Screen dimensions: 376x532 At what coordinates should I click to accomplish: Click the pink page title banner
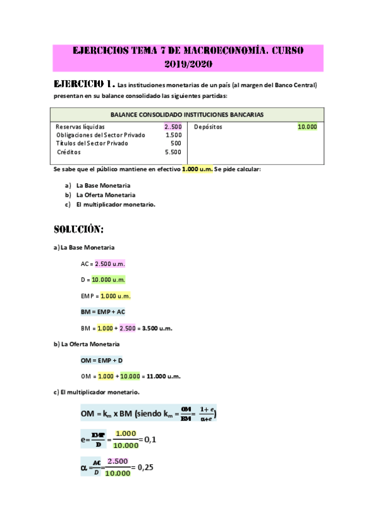pyautogui.click(x=188, y=57)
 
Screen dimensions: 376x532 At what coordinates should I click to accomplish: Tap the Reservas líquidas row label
pyautogui.click(x=80, y=127)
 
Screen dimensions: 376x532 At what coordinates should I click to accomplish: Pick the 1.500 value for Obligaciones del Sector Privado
pyautogui.click(x=173, y=135)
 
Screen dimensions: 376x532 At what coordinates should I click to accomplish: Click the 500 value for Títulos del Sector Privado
pyautogui.click(x=176, y=143)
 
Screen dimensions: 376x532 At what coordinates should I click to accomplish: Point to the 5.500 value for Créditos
pyautogui.click(x=173, y=152)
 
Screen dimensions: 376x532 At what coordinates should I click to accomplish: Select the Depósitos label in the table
pyautogui.click(x=208, y=127)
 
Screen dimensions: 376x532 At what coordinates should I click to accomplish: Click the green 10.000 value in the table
pyautogui.click(x=308, y=127)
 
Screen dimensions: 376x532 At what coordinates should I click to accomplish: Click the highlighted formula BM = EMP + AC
pyautogui.click(x=103, y=312)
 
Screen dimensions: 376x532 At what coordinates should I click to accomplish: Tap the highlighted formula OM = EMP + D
pyautogui.click(x=101, y=360)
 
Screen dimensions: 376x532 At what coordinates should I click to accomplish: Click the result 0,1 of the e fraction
pyautogui.click(x=150, y=439)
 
